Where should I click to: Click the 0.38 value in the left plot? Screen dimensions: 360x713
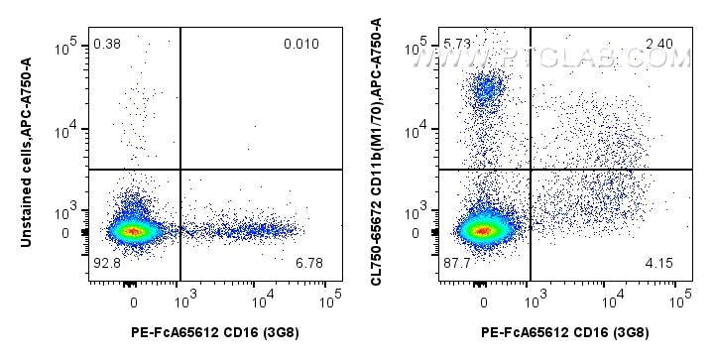(x=105, y=45)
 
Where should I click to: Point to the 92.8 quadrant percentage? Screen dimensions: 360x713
(x=106, y=262)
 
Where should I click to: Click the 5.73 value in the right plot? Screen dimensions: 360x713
(x=457, y=45)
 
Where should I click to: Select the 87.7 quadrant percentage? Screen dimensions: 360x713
(x=457, y=262)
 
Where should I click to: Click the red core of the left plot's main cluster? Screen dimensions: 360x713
(x=134, y=231)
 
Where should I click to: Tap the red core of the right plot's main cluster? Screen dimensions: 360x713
(x=483, y=231)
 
